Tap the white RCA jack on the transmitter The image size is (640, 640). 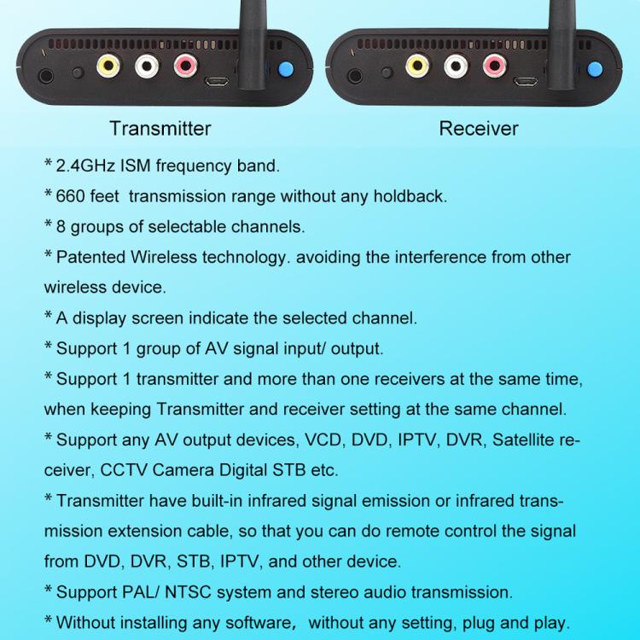click(x=146, y=65)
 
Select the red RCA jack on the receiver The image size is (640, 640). click(x=492, y=65)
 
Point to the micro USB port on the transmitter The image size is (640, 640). click(x=215, y=83)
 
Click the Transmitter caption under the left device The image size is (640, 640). click(x=160, y=129)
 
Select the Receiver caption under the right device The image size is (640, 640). click(x=479, y=129)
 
